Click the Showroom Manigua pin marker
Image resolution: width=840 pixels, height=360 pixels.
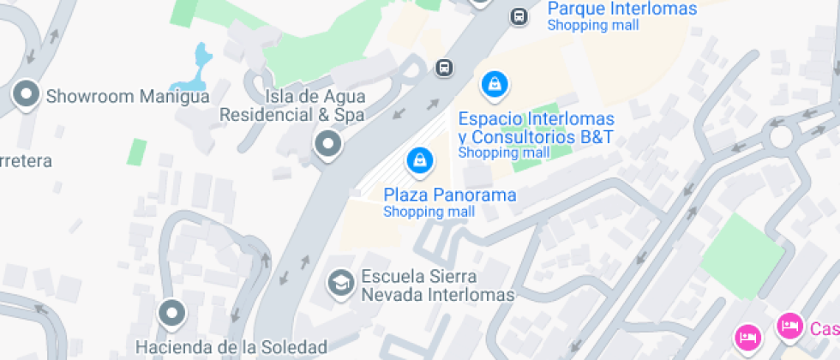[27, 93]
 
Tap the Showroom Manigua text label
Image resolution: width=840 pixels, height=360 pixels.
[128, 96]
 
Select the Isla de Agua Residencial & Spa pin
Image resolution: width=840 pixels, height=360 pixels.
[327, 144]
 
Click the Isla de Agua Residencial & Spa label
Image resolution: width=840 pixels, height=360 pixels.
[292, 105]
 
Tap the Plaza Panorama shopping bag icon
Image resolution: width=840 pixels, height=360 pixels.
[419, 159]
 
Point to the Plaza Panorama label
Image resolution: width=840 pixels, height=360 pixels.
[450, 195]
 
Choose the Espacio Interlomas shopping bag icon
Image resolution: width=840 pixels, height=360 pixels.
[494, 84]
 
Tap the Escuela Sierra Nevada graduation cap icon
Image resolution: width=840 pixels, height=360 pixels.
[341, 282]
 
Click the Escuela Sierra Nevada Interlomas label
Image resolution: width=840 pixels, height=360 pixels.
[438, 286]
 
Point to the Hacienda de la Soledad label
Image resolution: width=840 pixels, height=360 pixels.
[231, 347]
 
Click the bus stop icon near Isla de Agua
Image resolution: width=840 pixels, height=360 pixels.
[443, 67]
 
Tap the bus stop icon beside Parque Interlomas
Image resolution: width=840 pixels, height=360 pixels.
[519, 16]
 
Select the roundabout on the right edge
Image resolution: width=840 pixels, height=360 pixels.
[781, 135]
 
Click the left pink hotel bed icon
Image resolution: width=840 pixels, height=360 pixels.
[747, 336]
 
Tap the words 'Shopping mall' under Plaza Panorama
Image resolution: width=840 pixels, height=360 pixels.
[429, 212]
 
